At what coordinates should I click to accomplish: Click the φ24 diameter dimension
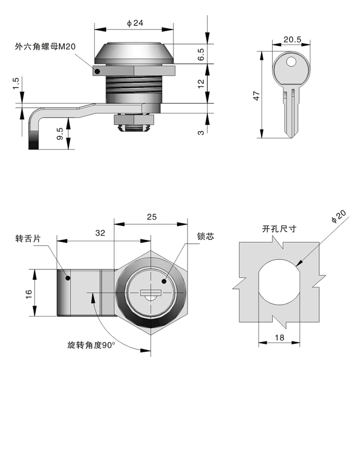(x=135, y=23)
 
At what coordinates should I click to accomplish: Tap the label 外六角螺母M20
(x=45, y=47)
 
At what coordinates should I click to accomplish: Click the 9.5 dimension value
(x=60, y=133)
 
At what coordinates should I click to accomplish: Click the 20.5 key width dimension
(x=292, y=40)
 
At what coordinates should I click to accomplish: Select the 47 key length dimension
(x=257, y=96)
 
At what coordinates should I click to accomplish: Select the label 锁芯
(x=205, y=237)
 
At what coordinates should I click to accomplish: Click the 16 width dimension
(x=28, y=293)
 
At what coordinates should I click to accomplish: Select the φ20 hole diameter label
(x=339, y=217)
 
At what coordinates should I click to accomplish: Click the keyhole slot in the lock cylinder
(x=151, y=292)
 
